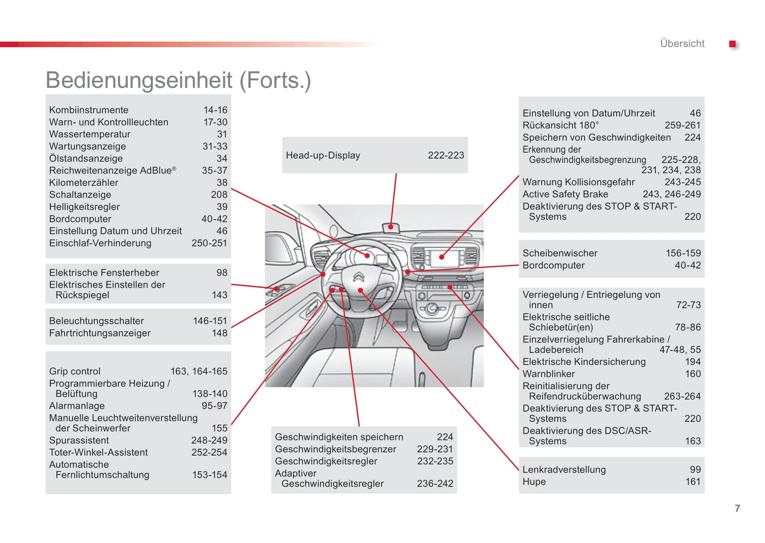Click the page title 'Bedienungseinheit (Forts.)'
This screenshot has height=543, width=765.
(178, 80)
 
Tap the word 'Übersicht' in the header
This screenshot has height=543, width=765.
(682, 44)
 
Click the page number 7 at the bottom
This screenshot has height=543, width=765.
(737, 508)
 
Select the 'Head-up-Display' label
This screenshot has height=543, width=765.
(323, 156)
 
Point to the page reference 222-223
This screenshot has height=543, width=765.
(446, 156)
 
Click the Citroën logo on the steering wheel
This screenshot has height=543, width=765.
(358, 277)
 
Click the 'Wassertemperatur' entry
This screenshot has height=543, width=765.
(90, 134)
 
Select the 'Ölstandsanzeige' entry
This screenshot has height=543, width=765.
(86, 159)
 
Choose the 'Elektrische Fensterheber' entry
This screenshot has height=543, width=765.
(104, 273)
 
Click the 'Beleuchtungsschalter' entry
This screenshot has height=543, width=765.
(96, 321)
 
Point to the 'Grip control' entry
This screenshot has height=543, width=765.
(75, 372)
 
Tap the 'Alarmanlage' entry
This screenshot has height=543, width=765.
(77, 406)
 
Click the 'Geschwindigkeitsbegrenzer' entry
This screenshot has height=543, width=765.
(336, 449)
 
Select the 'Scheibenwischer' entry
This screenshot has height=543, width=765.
(560, 254)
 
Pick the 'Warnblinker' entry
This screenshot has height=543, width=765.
(548, 374)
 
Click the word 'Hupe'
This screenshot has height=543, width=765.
(534, 482)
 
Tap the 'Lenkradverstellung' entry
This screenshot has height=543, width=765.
(564, 470)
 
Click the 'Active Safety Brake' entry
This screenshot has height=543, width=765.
(565, 194)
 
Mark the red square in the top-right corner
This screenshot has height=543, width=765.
(733, 44)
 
